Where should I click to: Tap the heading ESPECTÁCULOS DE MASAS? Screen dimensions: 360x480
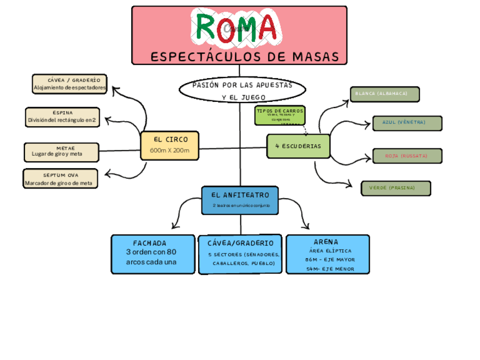click(245, 57)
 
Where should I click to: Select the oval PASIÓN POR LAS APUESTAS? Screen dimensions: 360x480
click(242, 91)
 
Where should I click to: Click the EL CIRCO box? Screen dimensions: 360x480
click(170, 145)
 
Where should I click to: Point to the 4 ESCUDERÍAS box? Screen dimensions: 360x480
click(298, 146)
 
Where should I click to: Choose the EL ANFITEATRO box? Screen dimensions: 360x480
click(240, 200)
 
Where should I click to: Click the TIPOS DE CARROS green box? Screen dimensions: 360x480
click(280, 115)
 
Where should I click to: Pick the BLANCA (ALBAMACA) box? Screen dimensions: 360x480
click(384, 93)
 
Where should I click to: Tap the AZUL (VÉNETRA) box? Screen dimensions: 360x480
click(407, 122)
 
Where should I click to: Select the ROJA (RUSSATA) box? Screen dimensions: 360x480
click(406, 156)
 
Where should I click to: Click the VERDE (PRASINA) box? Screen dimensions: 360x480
click(396, 188)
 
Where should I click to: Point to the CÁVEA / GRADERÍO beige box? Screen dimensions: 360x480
click(70, 84)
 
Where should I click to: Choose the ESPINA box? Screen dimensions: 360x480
click(62, 117)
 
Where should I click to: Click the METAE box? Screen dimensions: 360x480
click(61, 152)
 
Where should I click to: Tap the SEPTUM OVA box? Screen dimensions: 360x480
click(61, 179)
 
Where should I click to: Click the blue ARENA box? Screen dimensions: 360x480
click(328, 254)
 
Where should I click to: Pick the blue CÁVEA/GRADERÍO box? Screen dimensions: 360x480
click(241, 254)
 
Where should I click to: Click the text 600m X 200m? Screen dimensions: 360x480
click(170, 151)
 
